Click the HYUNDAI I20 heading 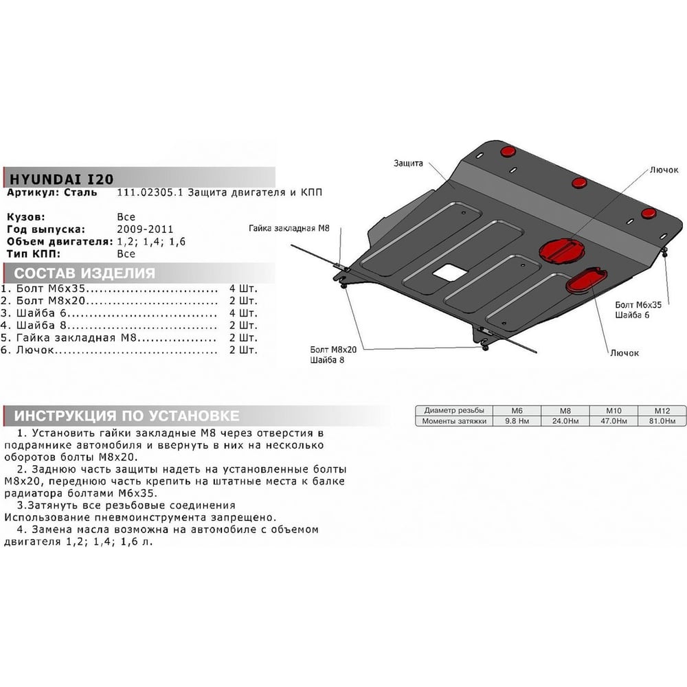[x=61, y=179]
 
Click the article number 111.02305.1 [x=149, y=192]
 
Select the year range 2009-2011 [x=145, y=229]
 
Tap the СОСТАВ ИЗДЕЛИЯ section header [x=85, y=273]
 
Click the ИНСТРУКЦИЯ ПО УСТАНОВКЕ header [x=126, y=416]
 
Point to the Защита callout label [x=408, y=163]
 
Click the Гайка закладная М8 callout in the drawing [x=289, y=228]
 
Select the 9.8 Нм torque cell [x=517, y=421]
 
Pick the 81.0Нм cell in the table [x=662, y=421]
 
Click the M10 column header [x=613, y=411]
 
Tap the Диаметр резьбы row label [x=454, y=411]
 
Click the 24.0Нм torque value [x=565, y=421]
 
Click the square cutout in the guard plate [x=450, y=273]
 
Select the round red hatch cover [x=562, y=252]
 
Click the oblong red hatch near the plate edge [x=586, y=281]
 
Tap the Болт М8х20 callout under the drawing [x=333, y=350]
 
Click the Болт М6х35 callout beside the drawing [x=638, y=304]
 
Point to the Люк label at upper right [x=664, y=170]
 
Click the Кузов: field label [x=26, y=217]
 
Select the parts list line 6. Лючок [x=129, y=350]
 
